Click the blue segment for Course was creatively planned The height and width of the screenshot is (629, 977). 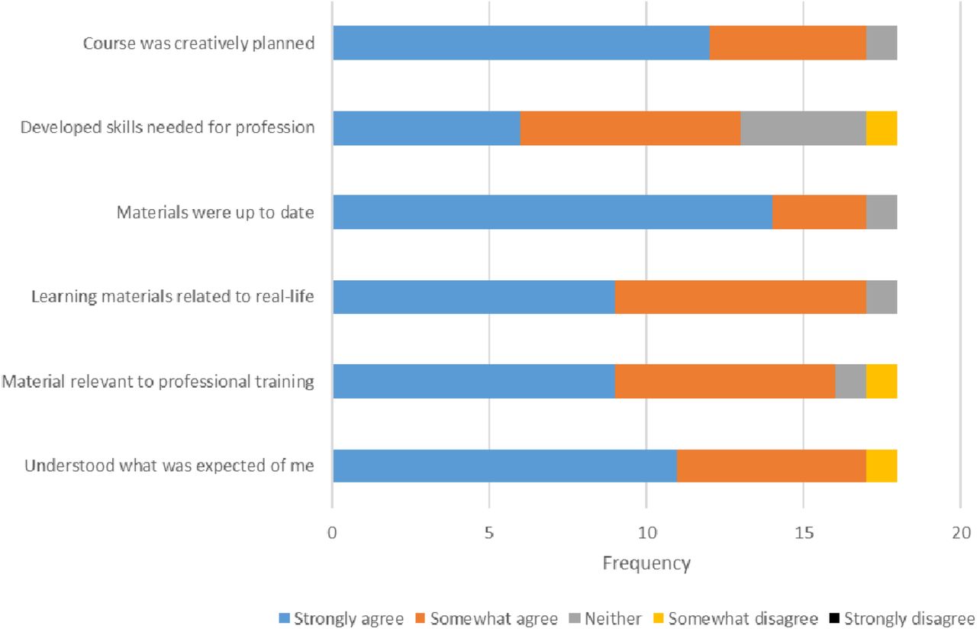tap(521, 43)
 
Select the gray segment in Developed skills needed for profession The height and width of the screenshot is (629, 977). tap(804, 128)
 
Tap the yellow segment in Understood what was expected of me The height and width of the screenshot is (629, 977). tap(882, 466)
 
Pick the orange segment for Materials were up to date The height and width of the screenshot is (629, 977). tap(819, 212)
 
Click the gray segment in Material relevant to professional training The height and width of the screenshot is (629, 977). tap(850, 381)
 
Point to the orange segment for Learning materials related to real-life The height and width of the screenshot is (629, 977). tap(740, 297)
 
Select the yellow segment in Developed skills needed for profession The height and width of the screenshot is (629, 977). tap(882, 128)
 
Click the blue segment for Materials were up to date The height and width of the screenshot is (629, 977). tap(553, 212)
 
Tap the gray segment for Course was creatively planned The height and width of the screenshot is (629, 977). tap(882, 43)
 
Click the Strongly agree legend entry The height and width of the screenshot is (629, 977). tap(341, 618)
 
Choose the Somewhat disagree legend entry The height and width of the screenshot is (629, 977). tap(735, 618)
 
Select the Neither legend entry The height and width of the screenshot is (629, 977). tap(605, 618)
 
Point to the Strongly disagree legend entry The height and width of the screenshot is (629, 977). tap(902, 618)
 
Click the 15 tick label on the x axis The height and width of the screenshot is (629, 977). tap(804, 533)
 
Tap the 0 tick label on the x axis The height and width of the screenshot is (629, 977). tap(332, 533)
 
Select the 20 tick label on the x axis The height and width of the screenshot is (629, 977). tap(961, 533)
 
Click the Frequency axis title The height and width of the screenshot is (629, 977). tap(646, 563)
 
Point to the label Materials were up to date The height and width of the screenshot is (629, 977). tap(215, 212)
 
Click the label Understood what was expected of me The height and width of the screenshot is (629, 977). tap(169, 466)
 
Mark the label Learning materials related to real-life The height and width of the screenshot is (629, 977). tap(173, 297)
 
